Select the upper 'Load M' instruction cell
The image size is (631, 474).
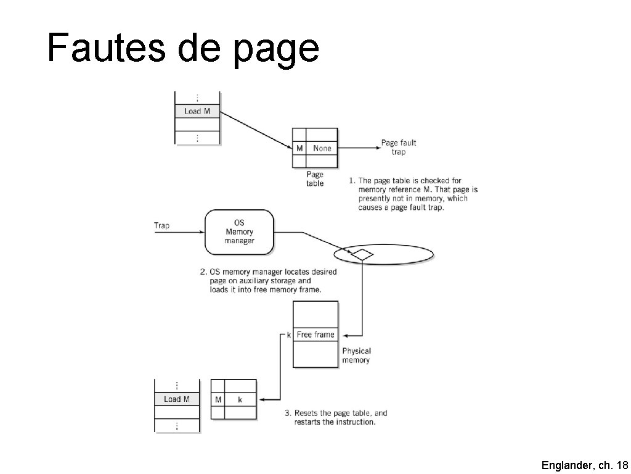[x=197, y=111]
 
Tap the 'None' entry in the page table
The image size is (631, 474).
[x=322, y=148]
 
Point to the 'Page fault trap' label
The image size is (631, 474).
[x=399, y=148]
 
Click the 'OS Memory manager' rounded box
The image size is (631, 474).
[x=239, y=231]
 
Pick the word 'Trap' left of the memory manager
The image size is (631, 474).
[x=161, y=226]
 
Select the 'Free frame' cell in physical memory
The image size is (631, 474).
[x=315, y=335]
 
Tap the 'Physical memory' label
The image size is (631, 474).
[x=356, y=355]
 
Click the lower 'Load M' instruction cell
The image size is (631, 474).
[x=176, y=399]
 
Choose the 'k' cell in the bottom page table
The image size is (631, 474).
[x=240, y=400]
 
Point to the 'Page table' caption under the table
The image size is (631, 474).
[x=315, y=179]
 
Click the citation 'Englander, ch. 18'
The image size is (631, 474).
[x=584, y=465]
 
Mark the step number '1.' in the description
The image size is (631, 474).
[x=352, y=181]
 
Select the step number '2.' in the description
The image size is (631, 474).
[x=203, y=272]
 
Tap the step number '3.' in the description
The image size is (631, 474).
[x=288, y=413]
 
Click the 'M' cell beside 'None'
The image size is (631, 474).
[x=299, y=148]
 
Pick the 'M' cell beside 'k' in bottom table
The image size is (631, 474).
[x=218, y=400]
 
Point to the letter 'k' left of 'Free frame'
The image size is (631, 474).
[x=289, y=335]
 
